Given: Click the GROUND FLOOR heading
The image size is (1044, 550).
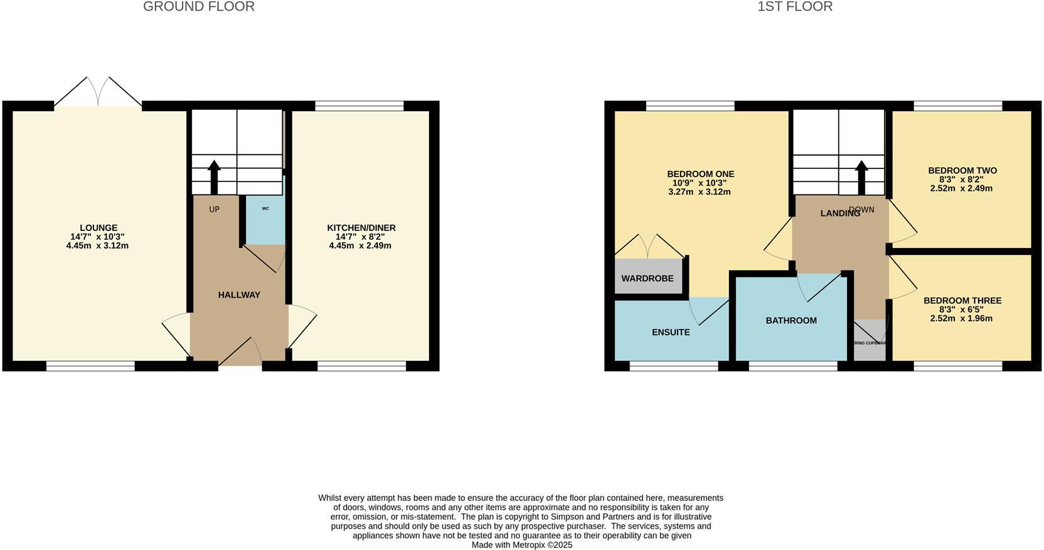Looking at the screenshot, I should (198, 7).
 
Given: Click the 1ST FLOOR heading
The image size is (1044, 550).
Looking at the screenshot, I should (794, 7).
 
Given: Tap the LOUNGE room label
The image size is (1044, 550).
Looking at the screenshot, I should (98, 228).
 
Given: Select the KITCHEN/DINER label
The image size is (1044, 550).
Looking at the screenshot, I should (361, 228).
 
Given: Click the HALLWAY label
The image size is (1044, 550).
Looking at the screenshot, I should (239, 295).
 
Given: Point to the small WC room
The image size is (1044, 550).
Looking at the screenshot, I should (265, 220).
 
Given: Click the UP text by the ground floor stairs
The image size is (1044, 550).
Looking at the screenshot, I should (214, 209).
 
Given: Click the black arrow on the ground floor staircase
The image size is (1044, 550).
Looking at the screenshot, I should (214, 176).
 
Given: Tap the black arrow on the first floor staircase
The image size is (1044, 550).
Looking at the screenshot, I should (861, 176).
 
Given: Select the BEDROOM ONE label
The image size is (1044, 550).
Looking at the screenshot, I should (700, 174).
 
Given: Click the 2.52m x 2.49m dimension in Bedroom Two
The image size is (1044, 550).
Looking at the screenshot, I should (961, 188).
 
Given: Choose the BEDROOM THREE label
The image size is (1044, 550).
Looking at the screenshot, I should (962, 301).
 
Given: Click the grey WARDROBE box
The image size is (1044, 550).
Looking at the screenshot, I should (647, 278).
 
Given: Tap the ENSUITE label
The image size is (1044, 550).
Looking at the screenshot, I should (671, 332).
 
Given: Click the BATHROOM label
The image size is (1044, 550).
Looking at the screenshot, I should (791, 320).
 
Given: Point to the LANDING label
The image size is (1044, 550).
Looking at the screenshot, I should (839, 213).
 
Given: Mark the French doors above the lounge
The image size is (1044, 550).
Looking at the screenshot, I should (98, 92).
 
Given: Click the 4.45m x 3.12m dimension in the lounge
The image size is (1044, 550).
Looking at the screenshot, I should (97, 245).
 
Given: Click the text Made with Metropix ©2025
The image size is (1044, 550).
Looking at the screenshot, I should (522, 545).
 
